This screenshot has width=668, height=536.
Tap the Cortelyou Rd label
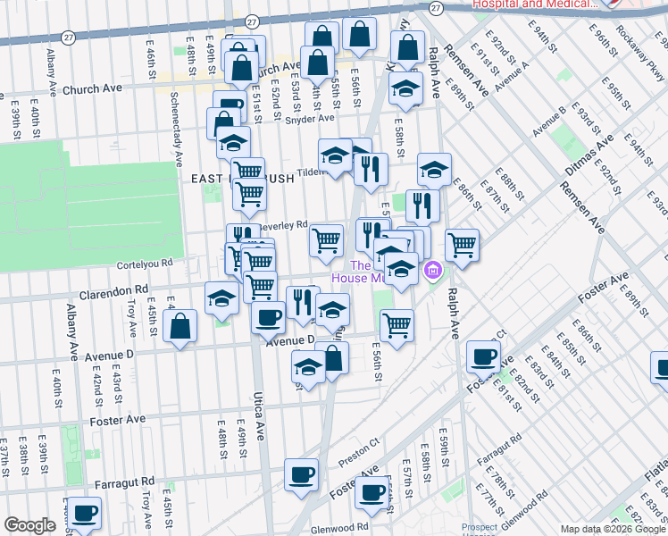pyautogui.click(x=143, y=264)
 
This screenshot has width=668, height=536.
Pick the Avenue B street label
pyautogui.click(x=549, y=121)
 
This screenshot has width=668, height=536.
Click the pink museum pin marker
pyautogui.click(x=433, y=269)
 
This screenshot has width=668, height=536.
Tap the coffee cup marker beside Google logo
pyautogui.click(x=87, y=514)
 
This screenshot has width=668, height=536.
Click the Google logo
pyautogui.click(x=30, y=526)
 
